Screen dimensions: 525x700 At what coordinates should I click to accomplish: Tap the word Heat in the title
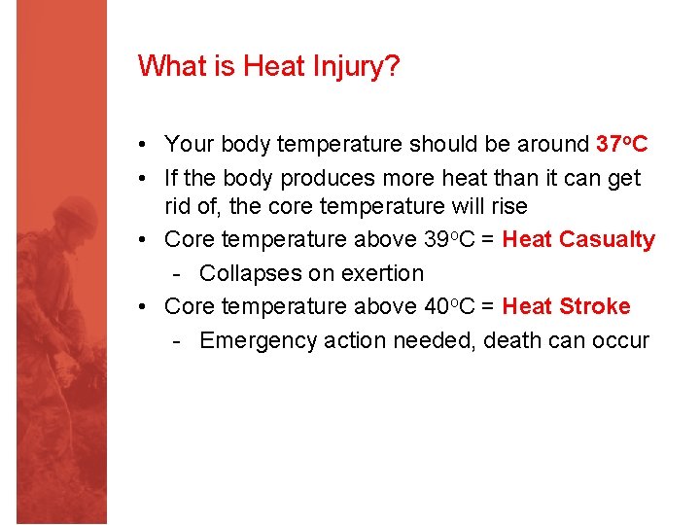275,67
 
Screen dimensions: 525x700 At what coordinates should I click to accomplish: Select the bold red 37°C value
621,144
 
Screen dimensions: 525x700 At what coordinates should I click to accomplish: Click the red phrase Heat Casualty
578,239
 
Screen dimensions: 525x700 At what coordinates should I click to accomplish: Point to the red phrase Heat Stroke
566,306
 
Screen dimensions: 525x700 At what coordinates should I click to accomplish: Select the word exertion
379,273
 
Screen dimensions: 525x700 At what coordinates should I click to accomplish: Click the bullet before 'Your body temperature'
143,145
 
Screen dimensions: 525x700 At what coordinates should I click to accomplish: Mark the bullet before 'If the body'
143,179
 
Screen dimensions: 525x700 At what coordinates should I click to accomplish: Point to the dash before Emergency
177,340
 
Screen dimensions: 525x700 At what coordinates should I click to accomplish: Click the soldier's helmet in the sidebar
76,216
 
